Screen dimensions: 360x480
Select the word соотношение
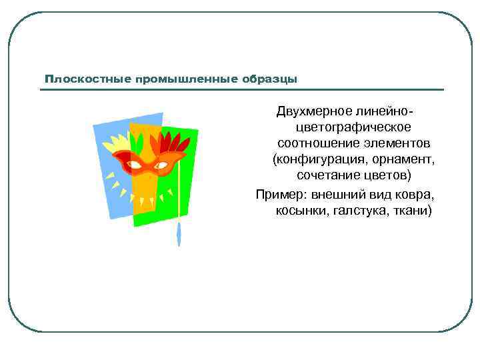point(319,143)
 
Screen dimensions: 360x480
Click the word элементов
point(397,143)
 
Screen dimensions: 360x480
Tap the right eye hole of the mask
point(161,164)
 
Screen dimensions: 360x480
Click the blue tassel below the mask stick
point(179,234)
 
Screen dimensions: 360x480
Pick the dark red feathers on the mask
point(177,143)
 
